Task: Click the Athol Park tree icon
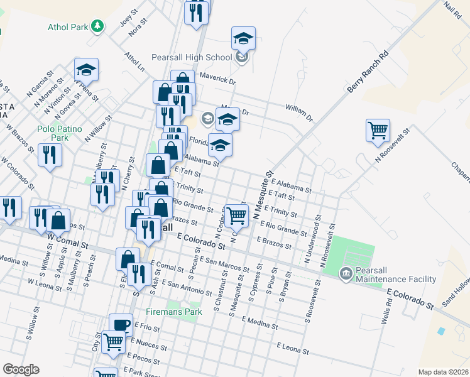[97, 26]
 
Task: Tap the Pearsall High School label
[192, 57]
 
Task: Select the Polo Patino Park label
[60, 133]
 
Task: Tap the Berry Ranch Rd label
[368, 74]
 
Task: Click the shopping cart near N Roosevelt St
[378, 131]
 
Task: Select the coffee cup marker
[121, 325]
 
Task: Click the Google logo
[21, 369]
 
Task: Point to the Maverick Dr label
[217, 80]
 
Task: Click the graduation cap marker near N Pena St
[86, 69]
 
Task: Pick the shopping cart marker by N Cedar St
[236, 215]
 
